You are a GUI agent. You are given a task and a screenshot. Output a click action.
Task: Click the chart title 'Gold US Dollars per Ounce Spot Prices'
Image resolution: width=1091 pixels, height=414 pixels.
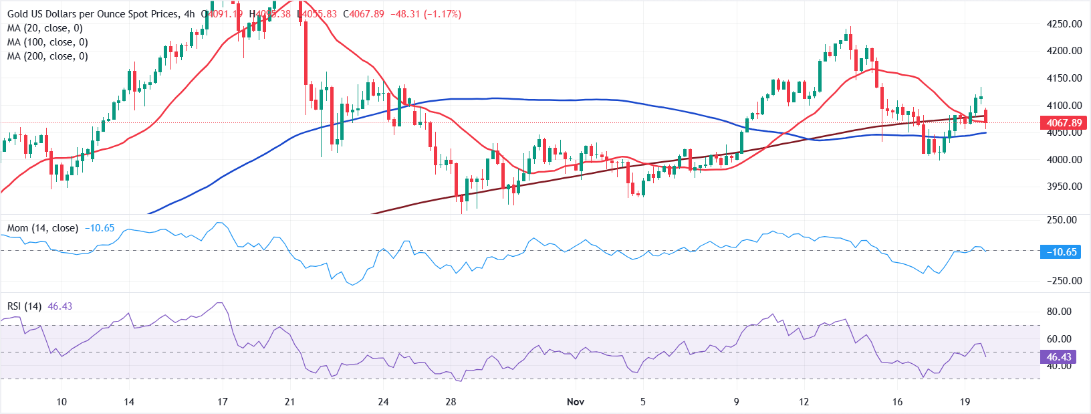tap(93, 14)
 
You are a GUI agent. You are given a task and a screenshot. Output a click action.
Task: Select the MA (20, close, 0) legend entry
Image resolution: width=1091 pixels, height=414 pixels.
tap(45, 28)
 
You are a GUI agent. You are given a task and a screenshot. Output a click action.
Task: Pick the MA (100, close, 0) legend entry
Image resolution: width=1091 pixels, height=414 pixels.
tap(47, 42)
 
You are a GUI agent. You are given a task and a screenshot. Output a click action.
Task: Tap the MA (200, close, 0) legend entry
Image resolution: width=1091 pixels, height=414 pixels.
tap(47, 56)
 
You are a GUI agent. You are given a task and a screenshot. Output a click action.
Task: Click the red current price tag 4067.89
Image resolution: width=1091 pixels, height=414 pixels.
tap(1064, 123)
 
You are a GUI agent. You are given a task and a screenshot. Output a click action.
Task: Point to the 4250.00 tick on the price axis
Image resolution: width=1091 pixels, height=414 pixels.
tap(1064, 24)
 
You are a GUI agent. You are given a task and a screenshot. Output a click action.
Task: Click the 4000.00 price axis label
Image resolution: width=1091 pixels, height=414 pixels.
tap(1064, 160)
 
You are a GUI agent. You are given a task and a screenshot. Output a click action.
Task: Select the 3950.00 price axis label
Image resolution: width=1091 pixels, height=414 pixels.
tap(1064, 187)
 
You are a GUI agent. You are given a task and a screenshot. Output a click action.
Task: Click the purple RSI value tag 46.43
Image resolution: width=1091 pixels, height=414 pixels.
tap(1059, 357)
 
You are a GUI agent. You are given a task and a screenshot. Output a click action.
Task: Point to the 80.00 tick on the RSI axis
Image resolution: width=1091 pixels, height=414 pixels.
tap(1059, 312)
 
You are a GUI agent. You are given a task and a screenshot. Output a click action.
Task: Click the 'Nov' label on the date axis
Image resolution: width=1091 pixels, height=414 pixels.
tap(576, 402)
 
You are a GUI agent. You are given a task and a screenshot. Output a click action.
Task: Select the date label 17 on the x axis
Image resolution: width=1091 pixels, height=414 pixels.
tap(222, 402)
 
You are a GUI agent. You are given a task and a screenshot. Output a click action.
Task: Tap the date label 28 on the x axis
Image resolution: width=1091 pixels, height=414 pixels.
tap(451, 402)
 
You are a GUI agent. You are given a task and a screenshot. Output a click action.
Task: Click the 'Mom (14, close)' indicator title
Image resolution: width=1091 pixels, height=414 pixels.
tap(43, 228)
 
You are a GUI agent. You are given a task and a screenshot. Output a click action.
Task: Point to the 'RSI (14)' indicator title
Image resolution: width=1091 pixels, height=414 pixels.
tap(24, 306)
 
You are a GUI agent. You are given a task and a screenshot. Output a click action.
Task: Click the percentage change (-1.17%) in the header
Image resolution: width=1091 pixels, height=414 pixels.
tap(443, 14)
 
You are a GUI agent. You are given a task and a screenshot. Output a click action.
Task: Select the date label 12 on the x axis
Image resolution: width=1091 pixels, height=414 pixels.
tap(804, 402)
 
